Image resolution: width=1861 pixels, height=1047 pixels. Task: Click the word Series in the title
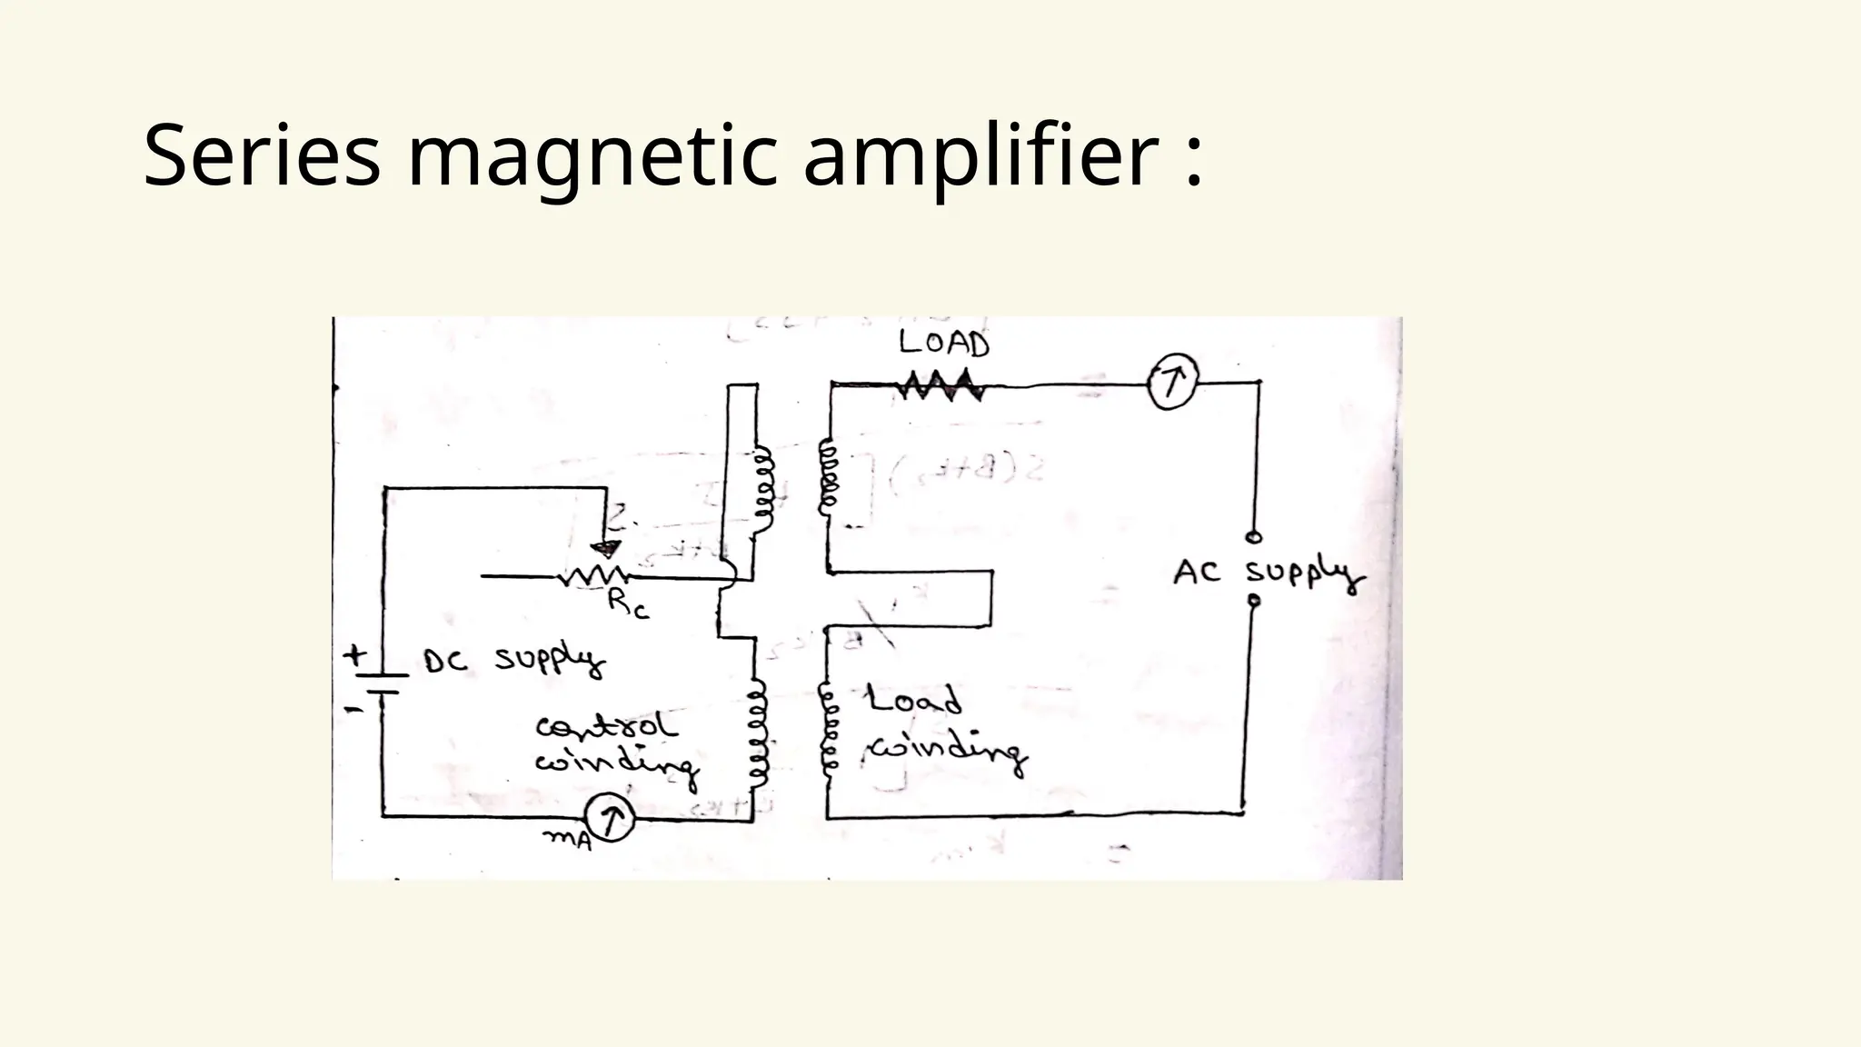pyautogui.click(x=262, y=156)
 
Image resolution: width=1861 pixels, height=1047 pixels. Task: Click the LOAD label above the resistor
pyautogui.click(x=944, y=344)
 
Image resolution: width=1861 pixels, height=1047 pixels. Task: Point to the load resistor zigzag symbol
pyautogui.click(x=940, y=385)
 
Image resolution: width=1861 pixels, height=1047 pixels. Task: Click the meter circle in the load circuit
pyautogui.click(x=1172, y=384)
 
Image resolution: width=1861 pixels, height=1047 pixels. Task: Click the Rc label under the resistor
pyautogui.click(x=629, y=604)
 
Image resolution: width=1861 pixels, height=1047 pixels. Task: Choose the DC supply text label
pyautogui.click(x=514, y=661)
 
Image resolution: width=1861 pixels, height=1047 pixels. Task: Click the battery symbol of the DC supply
pyautogui.click(x=383, y=682)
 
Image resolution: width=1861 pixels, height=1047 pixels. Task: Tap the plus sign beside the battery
pyautogui.click(x=354, y=653)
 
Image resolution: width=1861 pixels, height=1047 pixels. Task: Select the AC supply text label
pyautogui.click(x=1268, y=574)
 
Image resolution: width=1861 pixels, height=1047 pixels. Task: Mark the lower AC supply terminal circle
pyautogui.click(x=1254, y=601)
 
